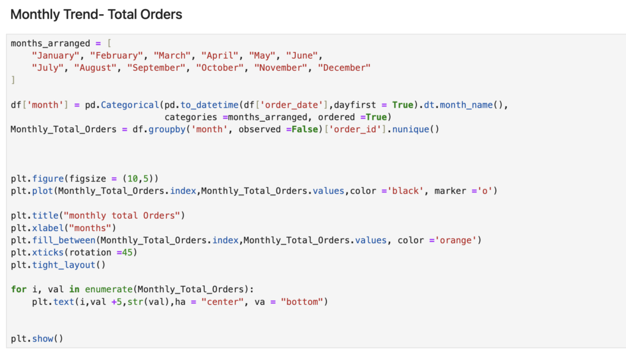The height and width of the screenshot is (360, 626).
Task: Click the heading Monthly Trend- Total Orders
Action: pyautogui.click(x=96, y=14)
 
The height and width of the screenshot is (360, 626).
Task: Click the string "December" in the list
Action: pyautogui.click(x=344, y=68)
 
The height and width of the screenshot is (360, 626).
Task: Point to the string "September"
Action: pyautogui.click(x=156, y=68)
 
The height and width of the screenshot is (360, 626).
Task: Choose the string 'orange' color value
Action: pyautogui.click(x=455, y=240)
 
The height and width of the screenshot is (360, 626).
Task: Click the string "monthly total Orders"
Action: pyautogui.click(x=125, y=215)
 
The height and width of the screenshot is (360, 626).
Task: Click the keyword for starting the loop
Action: pyautogui.click(x=18, y=289)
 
